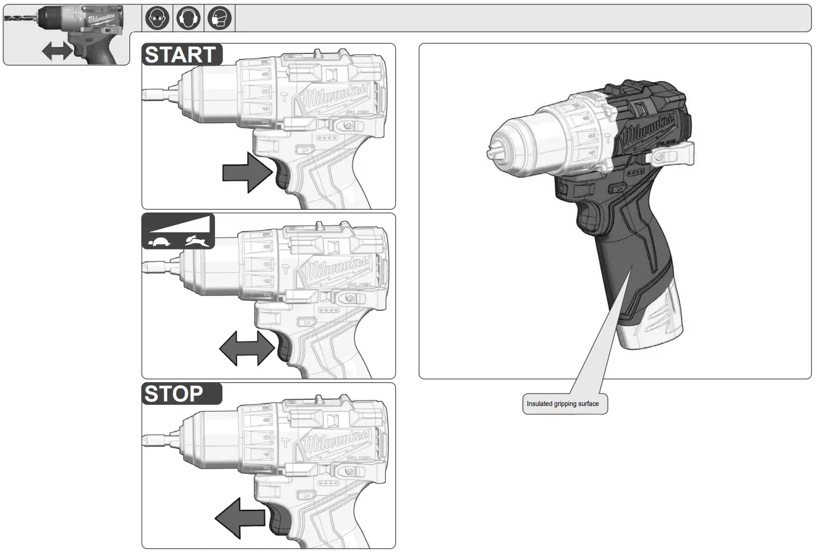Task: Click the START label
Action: (181, 55)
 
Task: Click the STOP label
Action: (174, 394)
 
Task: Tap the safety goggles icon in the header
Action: (157, 19)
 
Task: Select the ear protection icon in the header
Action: (188, 19)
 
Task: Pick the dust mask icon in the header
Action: (219, 19)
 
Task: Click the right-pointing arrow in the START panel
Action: (247, 172)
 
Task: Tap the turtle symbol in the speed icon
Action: (160, 242)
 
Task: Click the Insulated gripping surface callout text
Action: (562, 404)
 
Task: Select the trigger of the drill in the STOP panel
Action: (277, 519)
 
